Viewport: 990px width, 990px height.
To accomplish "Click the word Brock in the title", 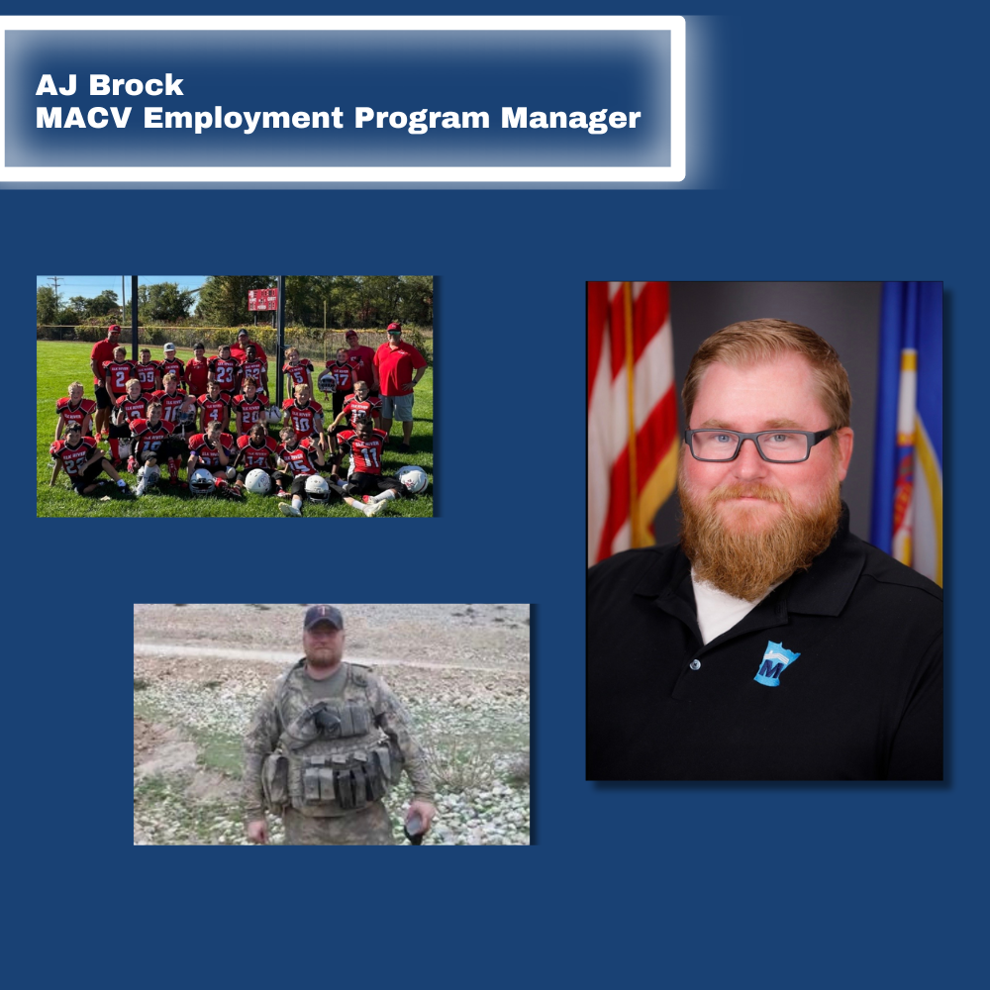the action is [x=137, y=84].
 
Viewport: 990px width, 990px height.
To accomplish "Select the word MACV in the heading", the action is [x=84, y=118].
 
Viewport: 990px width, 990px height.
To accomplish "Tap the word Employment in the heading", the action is [x=244, y=119].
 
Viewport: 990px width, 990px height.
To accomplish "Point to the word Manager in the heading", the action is [x=571, y=119].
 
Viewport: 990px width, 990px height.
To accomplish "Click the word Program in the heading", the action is [x=422, y=119].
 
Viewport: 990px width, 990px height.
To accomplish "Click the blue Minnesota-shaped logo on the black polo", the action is [x=776, y=663].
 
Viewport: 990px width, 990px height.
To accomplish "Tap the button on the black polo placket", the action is [x=695, y=665].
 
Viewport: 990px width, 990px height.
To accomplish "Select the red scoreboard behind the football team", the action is [x=262, y=299].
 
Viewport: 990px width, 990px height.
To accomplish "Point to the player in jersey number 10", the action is [x=302, y=417].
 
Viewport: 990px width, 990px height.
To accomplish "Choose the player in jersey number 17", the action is [x=342, y=375].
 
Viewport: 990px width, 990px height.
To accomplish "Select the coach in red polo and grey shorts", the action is [x=398, y=385].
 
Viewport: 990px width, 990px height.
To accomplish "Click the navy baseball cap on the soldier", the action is [x=324, y=617].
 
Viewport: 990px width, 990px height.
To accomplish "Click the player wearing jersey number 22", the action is [x=79, y=457].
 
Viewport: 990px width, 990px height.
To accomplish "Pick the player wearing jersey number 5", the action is [x=297, y=371].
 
